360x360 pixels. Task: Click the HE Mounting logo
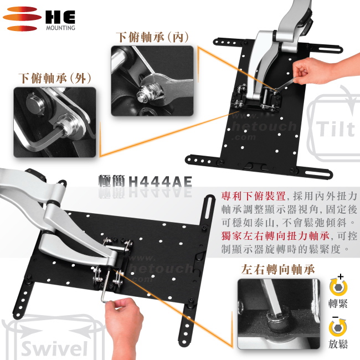[39, 19]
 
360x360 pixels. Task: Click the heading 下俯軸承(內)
[152, 37]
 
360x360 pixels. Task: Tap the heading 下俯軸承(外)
[55, 78]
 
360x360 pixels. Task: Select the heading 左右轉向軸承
[278, 269]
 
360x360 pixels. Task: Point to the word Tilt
[336, 129]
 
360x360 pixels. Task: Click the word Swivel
[55, 348]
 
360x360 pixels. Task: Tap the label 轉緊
[338, 304]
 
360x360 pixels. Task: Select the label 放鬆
[338, 344]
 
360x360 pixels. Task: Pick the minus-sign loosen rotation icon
[338, 326]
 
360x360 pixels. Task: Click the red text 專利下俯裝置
[254, 196]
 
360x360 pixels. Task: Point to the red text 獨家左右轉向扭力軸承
[275, 236]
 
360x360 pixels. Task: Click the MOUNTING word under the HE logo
[60, 28]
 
